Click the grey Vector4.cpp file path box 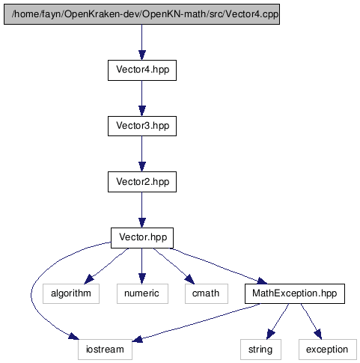point(141,14)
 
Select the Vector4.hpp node point(142,70)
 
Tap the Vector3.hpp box point(142,126)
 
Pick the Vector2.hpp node point(142,182)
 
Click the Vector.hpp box point(142,238)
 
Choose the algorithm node point(71,293)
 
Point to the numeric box point(142,293)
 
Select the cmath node point(207,293)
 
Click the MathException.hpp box point(295,293)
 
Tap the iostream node point(105,350)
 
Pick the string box point(260,350)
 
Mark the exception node point(328,350)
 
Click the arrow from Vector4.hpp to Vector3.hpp point(142,98)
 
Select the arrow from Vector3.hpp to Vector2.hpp point(142,154)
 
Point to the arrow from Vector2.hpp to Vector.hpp point(142,210)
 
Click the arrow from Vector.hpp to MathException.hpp point(219,266)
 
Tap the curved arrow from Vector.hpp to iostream point(31,293)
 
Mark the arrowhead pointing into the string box point(270,335)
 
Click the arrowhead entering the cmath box point(189,279)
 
